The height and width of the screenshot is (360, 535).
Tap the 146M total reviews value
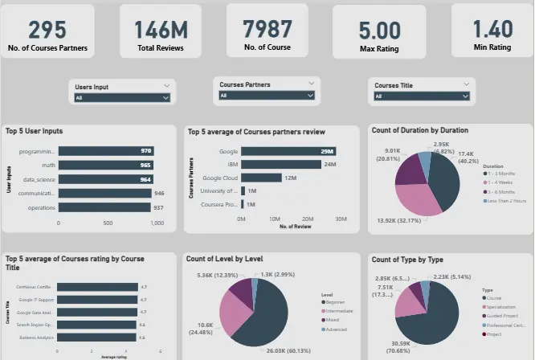161,30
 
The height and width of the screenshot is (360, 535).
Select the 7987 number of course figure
268,29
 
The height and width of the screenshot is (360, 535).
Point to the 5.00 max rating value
379,31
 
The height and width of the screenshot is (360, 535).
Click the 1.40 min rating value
492,29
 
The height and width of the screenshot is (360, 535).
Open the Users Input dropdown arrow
165,97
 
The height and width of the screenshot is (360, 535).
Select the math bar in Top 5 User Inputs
105,165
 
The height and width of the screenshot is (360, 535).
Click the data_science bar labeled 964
105,179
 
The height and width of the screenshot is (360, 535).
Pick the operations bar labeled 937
104,207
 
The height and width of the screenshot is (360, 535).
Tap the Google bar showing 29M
288,150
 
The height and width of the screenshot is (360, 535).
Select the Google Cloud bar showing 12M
261,178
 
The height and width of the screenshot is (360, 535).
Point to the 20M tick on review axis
308,219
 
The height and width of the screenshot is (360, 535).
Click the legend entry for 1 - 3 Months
503,172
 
